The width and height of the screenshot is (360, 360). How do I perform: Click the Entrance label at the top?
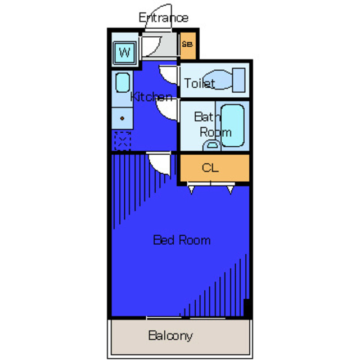coord(164,17)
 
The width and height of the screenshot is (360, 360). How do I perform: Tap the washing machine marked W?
coord(125,52)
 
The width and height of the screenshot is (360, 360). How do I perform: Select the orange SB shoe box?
coord(188,46)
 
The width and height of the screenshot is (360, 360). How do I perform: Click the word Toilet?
coord(199,83)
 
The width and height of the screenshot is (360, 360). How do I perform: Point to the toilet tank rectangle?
coord(238,80)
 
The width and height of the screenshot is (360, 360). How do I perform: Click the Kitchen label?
coord(151,97)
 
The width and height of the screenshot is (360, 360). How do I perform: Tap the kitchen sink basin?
coord(123,83)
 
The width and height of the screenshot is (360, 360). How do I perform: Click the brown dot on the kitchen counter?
coord(122,119)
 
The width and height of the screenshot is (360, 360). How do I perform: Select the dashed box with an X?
coord(123,141)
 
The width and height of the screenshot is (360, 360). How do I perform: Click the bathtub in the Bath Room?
coord(232,125)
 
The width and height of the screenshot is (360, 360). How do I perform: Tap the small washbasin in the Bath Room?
coord(212,146)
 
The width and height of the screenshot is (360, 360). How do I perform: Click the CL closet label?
coord(210,168)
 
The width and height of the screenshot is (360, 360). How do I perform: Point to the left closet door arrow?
coord(191,190)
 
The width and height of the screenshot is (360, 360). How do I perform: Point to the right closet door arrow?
coord(230,190)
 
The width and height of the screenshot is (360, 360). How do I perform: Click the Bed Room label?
coord(182,240)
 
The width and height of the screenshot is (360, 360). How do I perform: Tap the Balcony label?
coord(170,336)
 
